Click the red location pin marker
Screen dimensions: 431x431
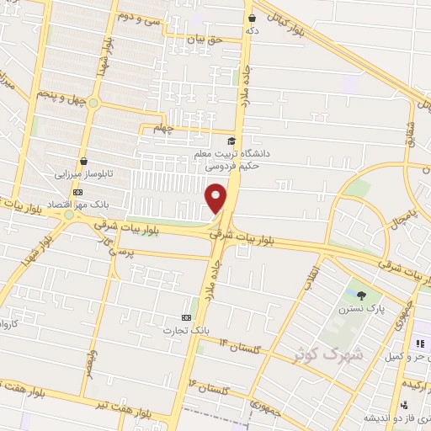tap(216, 197)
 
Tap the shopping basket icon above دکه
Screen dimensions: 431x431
tap(251, 16)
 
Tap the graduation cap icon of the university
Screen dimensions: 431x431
tap(232, 141)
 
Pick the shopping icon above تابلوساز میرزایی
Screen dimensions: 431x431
tap(83, 161)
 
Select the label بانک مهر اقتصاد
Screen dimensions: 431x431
tap(98, 205)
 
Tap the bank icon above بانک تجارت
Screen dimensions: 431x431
tap(186, 317)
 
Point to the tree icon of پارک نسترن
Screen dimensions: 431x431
tap(362, 295)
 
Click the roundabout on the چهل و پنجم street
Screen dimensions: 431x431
tap(94, 104)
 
